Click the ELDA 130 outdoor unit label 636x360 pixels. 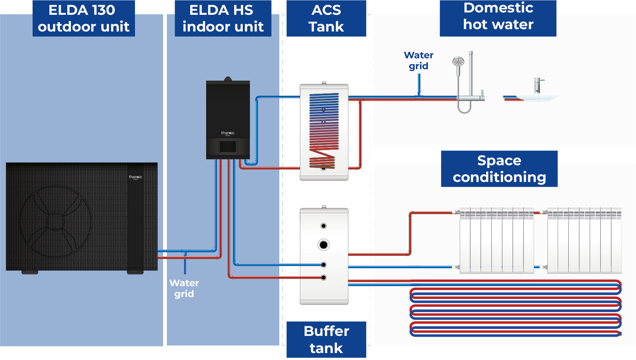83,18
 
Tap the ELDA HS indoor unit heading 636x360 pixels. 223,18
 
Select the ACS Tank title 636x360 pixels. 326,18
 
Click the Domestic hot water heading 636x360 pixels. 498,16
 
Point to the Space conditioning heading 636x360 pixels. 499,169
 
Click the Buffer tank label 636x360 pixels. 326,339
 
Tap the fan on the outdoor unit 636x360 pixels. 55,221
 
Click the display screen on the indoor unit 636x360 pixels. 228,147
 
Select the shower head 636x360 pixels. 458,62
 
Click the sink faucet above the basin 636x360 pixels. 537,85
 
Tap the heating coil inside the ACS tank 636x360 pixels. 324,130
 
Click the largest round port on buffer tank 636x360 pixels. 323,245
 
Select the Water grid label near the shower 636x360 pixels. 419,60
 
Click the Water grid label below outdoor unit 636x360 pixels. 184,288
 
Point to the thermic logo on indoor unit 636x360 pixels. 228,133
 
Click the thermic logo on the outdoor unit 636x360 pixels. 135,177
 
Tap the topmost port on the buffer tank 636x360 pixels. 323,226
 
